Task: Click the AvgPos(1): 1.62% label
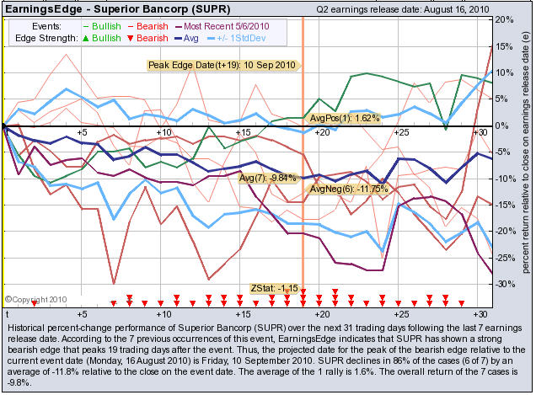coord(346,118)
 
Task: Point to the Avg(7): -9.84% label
coord(268,178)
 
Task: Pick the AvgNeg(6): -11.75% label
coord(348,189)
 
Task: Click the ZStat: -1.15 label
coord(274,289)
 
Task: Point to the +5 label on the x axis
coord(82,133)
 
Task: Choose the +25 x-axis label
coord(400,133)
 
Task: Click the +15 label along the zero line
coord(241,133)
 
